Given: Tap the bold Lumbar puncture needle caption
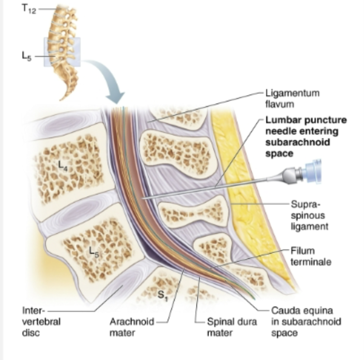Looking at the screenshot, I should click(x=306, y=136).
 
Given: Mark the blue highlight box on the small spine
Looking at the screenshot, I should click(x=62, y=51).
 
